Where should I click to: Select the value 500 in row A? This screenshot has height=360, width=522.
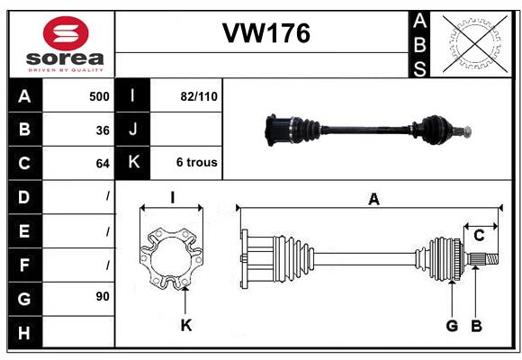pos(99,96)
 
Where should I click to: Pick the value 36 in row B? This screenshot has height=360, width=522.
pos(102,130)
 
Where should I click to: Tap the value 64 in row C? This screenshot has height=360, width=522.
pos(102,164)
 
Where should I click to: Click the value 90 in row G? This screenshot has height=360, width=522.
pos(102,296)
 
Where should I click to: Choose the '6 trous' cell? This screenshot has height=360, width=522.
pos(196,163)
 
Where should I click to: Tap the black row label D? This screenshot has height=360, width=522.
pos(24,196)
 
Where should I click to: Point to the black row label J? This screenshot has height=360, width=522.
pos(133,130)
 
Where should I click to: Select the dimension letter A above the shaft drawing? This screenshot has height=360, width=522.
pos(373,200)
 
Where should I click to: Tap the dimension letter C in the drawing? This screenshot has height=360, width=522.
pos(480,236)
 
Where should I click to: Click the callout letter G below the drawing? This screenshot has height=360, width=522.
pos(452,325)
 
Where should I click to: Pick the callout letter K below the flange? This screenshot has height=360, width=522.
pos(185,325)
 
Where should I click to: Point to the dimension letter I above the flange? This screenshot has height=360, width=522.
pos(171,198)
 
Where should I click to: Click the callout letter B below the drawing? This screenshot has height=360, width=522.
pos(477,325)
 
